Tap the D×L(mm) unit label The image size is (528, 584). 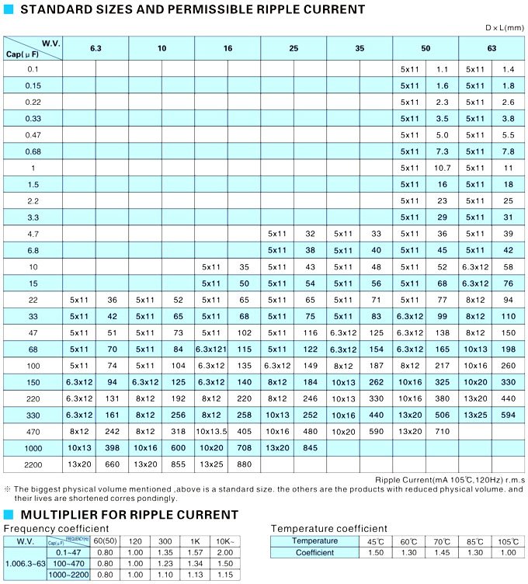[x=505, y=28]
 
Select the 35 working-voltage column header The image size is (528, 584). [x=360, y=48]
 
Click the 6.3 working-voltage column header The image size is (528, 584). [x=96, y=48]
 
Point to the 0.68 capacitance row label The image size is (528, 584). [x=33, y=151]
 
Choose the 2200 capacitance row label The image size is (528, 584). [x=33, y=464]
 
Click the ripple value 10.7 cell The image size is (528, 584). [x=443, y=168]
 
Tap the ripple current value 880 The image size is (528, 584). [x=244, y=464]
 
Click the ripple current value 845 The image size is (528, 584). [x=310, y=447]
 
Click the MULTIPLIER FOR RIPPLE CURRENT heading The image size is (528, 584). [x=129, y=515]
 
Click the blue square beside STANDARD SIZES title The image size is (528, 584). [x=9, y=9]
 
